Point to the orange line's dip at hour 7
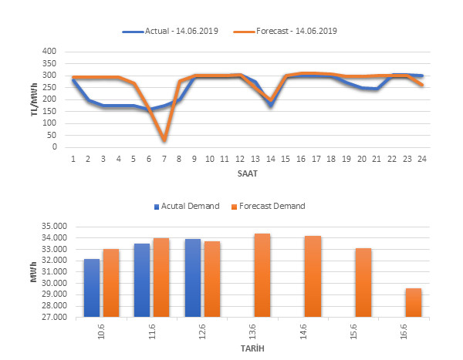(164, 140)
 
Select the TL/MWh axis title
(34, 99)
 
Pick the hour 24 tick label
(421, 159)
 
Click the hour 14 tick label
(270, 159)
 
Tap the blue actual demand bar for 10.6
(93, 288)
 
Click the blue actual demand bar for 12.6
(193, 278)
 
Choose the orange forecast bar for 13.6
(262, 274)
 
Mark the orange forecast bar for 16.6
(413, 302)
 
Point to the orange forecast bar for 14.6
(313, 276)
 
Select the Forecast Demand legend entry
(270, 206)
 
